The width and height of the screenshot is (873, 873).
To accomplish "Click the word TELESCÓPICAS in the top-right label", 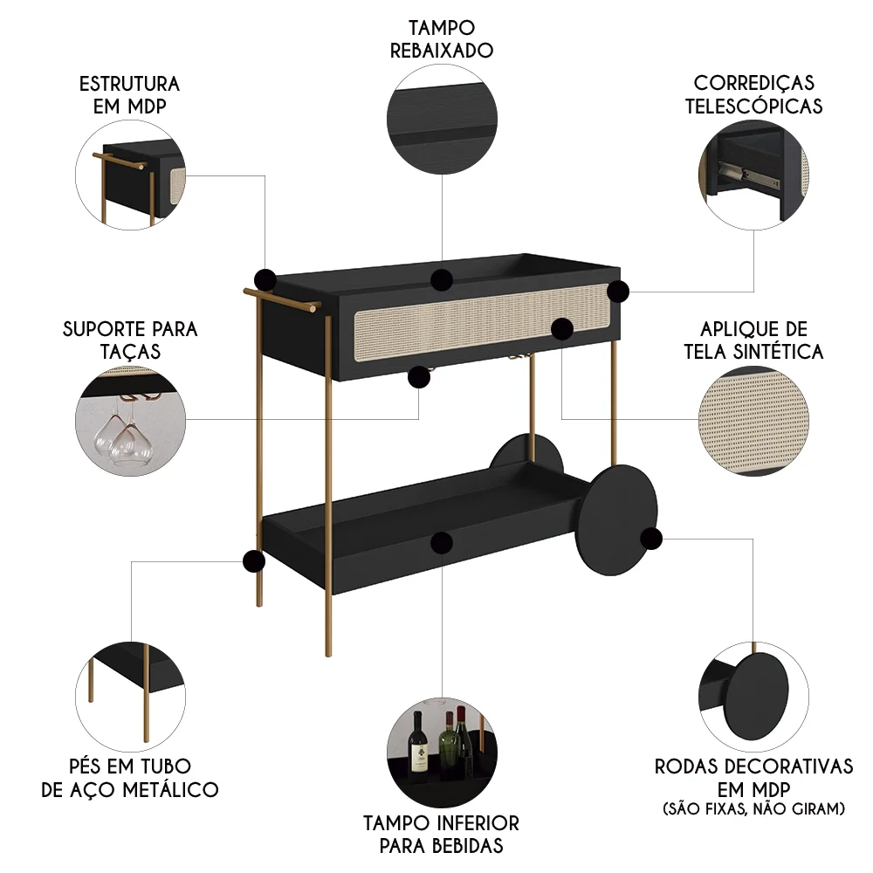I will coord(753,107).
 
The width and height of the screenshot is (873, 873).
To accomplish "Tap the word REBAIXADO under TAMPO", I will coord(442,50).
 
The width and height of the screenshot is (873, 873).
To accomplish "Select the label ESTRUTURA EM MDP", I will coord(129,95).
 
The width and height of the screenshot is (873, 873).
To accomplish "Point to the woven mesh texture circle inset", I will coord(751,421).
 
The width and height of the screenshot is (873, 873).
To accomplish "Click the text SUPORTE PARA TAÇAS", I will coord(130,340).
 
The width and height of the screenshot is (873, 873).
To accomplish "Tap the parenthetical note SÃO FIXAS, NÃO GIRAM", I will coord(753,809).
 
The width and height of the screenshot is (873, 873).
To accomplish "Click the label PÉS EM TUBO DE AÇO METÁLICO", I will coord(130,778).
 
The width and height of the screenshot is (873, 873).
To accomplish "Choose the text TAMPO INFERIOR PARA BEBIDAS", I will coord(441,834).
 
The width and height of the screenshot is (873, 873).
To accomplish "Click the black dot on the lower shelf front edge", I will coord(441,541).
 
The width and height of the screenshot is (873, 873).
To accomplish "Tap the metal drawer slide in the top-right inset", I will coord(742,172).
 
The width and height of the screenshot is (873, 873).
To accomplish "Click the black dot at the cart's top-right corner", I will coord(618,292).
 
